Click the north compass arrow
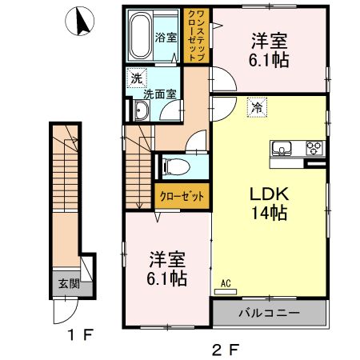79,22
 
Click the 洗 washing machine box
136,78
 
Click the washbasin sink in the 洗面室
140,111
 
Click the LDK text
268,194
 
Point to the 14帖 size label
268,214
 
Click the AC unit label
225,283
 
